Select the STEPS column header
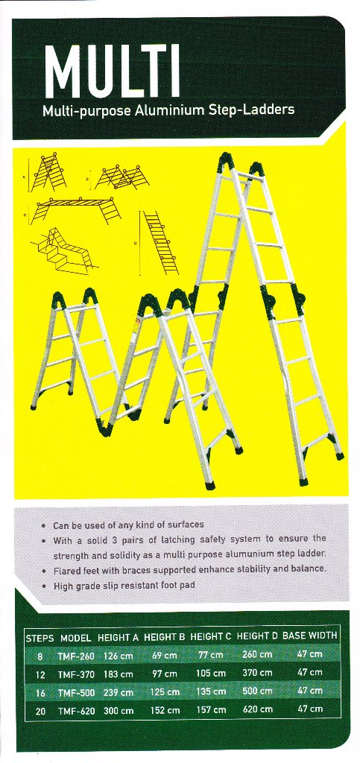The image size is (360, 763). pos(40,637)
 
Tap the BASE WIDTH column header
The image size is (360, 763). pos(309,636)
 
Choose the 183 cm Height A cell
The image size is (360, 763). pos(119,674)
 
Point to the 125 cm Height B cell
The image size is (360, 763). pos(164,692)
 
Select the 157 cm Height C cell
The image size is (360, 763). pos(211,710)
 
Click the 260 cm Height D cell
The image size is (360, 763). pos(257,655)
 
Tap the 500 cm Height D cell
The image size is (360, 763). pos(257,691)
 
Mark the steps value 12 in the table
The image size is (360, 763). pos(40,675)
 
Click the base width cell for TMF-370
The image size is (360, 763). pos(310,673)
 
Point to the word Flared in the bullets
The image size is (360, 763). pos(66,570)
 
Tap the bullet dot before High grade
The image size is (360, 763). pos(44,586)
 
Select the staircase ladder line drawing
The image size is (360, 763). pos(63,250)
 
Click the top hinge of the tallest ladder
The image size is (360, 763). pos(227,162)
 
